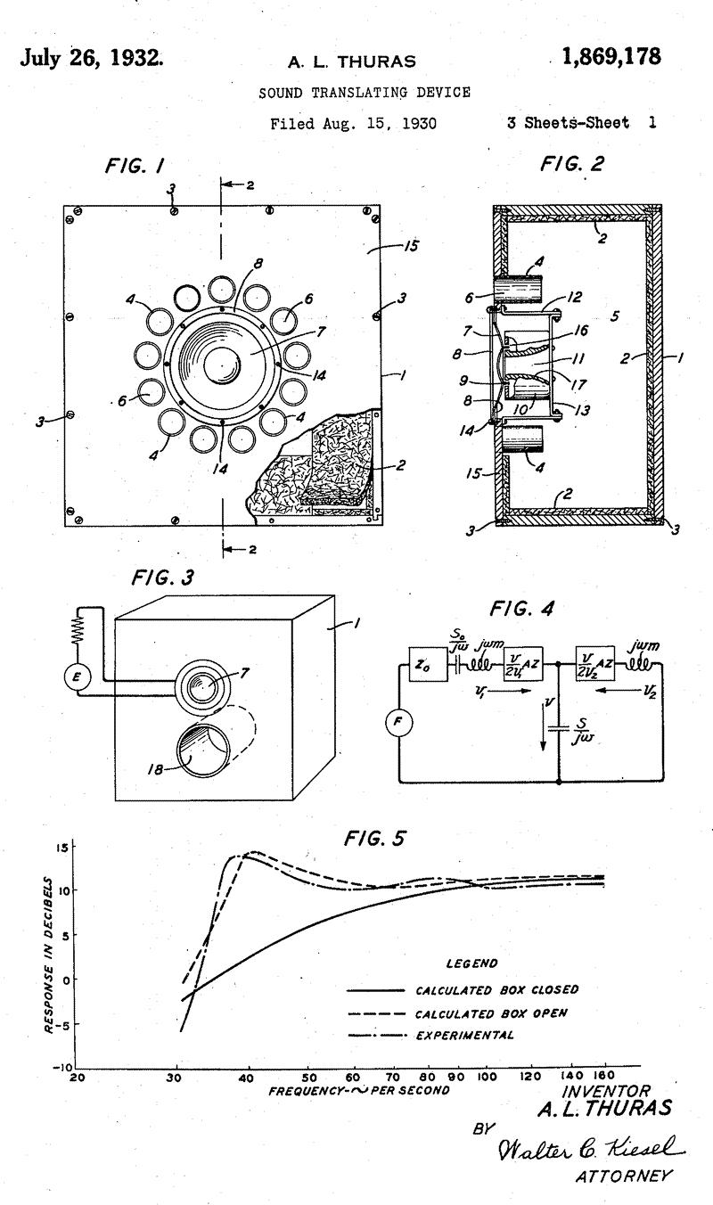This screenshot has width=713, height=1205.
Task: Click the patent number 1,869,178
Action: coord(611,58)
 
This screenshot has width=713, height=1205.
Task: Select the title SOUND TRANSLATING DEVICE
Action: coord(365,92)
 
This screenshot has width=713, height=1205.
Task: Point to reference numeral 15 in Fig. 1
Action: coord(411,245)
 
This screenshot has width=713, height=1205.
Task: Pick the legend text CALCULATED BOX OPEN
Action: coord(491,1013)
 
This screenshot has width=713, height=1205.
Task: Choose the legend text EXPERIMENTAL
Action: coord(464,1035)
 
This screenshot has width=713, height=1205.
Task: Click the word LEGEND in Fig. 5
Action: coord(471,963)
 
